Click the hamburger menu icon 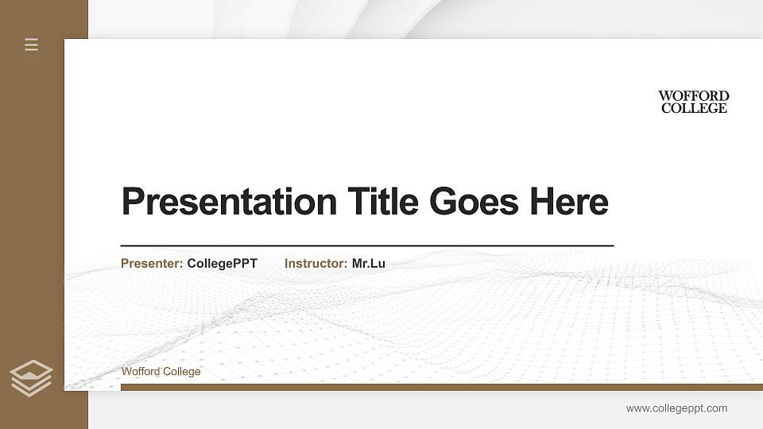32,45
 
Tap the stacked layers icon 31,378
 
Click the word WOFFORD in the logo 693,96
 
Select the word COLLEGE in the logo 694,108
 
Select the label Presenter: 152,263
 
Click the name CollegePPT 222,263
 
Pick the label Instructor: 316,263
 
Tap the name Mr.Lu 369,263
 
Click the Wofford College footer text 161,372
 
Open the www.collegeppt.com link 676,408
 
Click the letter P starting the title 131,202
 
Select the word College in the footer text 182,372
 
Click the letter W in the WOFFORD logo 665,96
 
